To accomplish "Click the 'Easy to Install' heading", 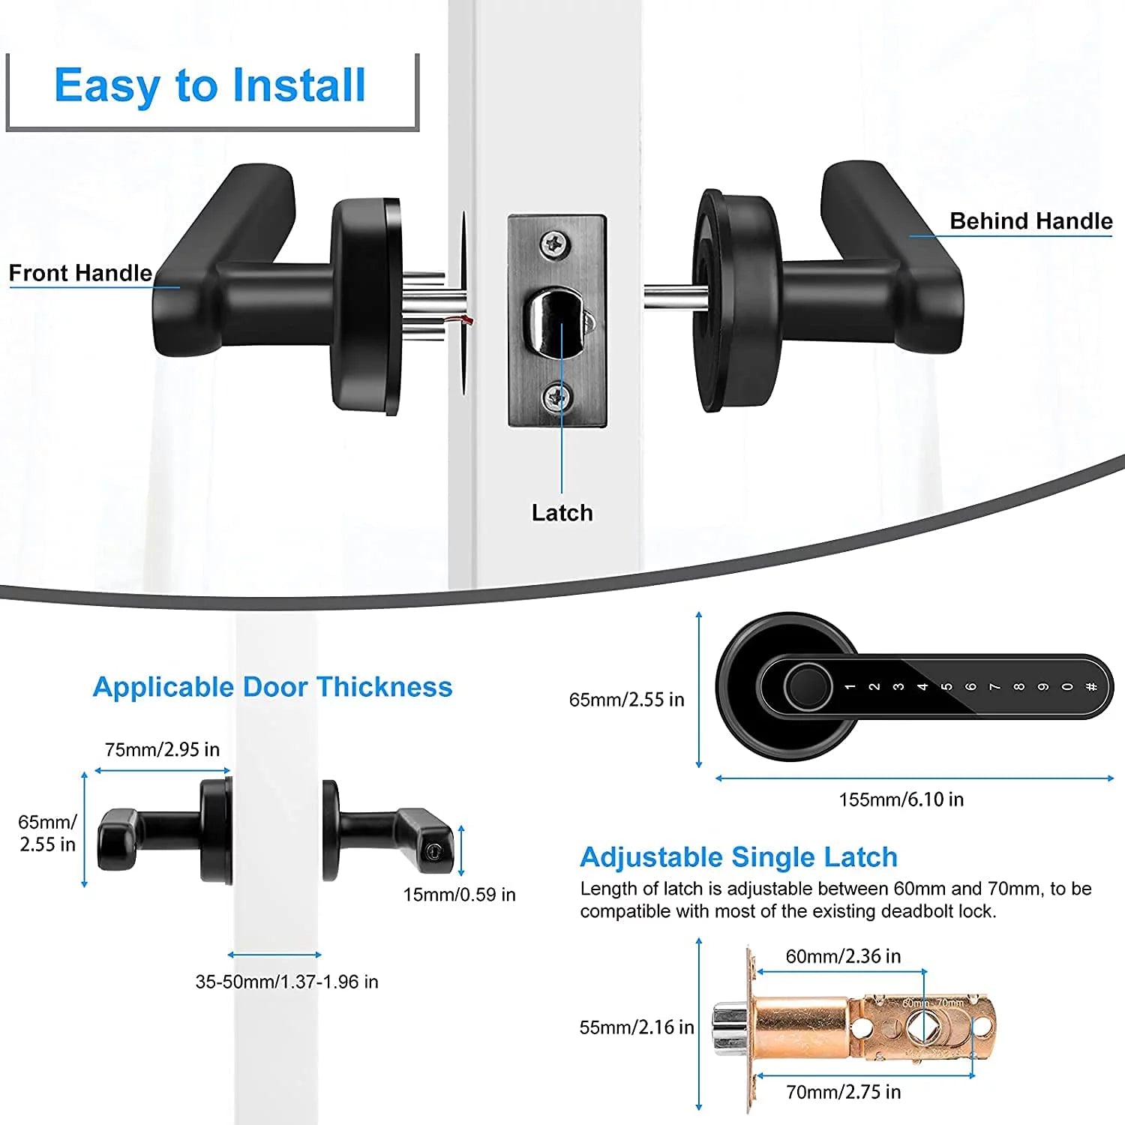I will pos(210,85).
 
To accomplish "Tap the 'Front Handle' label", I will pos(80,273).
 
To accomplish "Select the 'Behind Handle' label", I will pos(1030,221).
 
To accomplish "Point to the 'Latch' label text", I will pos(562,513).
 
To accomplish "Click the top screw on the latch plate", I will pos(556,243).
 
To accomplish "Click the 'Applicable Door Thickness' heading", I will pos(272,687).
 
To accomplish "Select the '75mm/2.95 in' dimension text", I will pos(162,749).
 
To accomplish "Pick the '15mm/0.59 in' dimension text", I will pos(459,894).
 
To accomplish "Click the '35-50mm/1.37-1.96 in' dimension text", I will pos(286,982).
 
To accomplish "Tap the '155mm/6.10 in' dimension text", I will pos(901,799).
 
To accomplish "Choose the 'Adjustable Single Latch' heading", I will pos(738,856).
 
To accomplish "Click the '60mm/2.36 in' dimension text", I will pos(843,956).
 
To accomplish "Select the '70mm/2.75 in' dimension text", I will pos(843,1092).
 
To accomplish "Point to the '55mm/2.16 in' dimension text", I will pos(637,1027).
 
